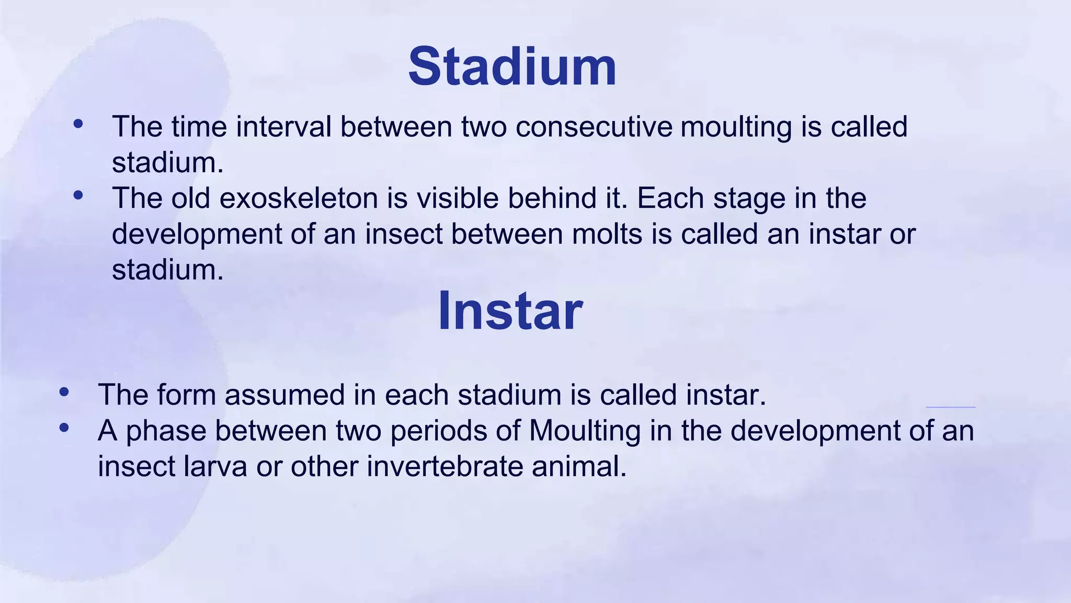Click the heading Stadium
(512, 67)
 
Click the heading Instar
(510, 311)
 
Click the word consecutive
(594, 127)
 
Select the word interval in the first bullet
(283, 127)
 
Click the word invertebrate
(445, 466)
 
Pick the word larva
(215, 466)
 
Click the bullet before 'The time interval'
(78, 124)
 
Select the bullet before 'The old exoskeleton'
(78, 196)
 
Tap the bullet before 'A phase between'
(64, 428)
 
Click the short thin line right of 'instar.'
(950, 407)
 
